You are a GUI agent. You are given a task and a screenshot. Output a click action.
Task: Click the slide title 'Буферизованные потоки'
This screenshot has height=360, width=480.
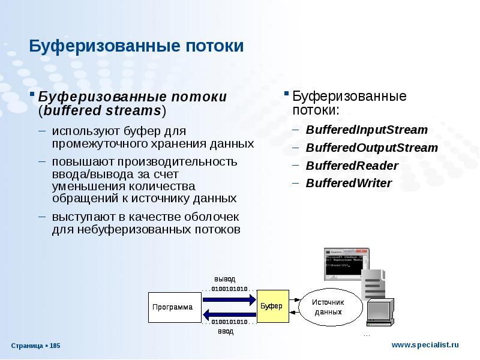(x=137, y=46)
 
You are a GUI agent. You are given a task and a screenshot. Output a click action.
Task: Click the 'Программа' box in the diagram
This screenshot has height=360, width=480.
(x=172, y=307)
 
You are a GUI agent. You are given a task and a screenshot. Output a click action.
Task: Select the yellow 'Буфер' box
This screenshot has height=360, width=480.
(x=271, y=306)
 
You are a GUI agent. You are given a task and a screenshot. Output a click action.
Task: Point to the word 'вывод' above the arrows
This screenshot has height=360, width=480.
(x=225, y=279)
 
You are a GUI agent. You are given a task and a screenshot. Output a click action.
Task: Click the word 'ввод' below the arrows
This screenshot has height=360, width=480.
(x=225, y=331)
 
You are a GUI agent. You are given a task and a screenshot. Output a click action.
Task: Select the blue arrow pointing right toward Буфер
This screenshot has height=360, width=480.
(x=229, y=299)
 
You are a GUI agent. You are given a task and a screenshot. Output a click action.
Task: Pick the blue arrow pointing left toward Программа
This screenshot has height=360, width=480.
(x=229, y=314)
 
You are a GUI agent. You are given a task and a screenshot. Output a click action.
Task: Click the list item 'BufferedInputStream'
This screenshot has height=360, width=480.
(x=367, y=130)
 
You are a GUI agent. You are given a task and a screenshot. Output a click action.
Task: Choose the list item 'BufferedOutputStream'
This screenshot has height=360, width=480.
(x=372, y=148)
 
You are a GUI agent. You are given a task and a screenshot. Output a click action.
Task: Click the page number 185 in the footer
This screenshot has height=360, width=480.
(x=55, y=346)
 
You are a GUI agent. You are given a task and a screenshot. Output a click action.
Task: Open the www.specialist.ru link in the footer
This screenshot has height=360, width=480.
(x=425, y=344)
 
